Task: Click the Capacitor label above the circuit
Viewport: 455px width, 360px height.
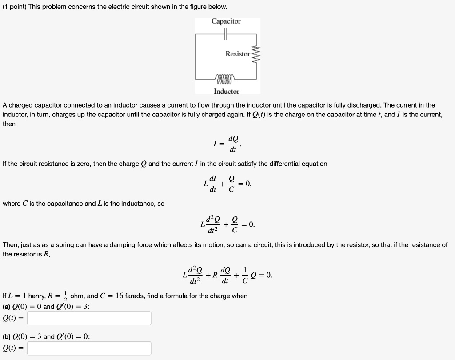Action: point(226,21)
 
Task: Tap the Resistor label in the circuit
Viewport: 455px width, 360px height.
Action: point(238,54)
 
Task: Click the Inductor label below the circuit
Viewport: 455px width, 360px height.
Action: point(226,91)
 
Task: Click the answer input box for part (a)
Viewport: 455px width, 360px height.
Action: point(89,318)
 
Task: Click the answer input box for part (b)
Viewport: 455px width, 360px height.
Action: point(89,348)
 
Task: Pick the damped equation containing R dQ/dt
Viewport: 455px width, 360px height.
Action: point(227,275)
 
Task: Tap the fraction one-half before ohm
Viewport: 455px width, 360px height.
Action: point(64,296)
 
